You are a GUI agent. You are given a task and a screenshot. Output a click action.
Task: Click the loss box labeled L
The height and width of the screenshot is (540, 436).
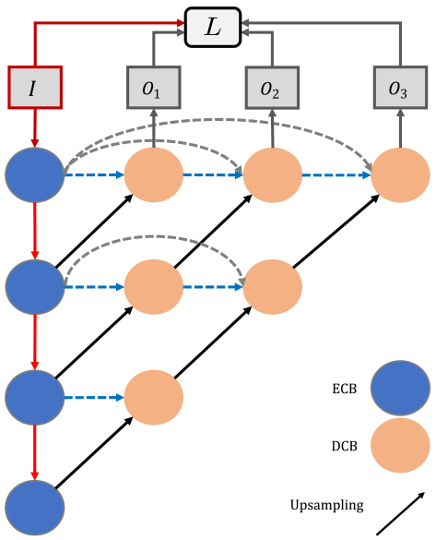coord(213,27)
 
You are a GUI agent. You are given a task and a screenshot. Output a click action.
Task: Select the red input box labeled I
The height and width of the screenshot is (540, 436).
coord(35,88)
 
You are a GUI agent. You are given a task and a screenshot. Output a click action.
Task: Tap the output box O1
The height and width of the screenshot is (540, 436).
coord(154,88)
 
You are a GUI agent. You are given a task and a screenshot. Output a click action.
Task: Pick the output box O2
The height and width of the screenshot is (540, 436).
coord(272,88)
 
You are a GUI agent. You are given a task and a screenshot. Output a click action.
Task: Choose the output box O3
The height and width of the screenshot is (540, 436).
coord(401,88)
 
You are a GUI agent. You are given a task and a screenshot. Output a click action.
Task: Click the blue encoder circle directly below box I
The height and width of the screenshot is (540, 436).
coord(35,175)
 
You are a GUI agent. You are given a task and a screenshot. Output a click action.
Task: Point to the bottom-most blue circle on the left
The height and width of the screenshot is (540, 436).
coord(35,508)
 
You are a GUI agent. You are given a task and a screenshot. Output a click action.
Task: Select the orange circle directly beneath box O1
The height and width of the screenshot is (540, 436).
coord(154,175)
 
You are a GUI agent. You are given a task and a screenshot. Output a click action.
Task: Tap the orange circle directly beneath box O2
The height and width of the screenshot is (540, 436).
coord(273,175)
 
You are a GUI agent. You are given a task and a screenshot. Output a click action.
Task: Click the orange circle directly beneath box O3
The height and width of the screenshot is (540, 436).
coord(401,175)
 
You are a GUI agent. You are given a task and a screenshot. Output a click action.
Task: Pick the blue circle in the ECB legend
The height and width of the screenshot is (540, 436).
coord(401,388)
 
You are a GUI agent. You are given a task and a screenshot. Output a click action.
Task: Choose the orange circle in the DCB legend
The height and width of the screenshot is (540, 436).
coord(401,445)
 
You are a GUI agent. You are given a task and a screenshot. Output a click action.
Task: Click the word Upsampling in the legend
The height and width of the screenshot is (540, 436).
coord(326,506)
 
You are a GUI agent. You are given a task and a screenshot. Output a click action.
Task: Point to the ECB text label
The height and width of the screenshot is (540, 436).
coord(344,389)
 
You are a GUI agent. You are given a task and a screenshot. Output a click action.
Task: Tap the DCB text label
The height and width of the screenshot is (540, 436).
coord(344,446)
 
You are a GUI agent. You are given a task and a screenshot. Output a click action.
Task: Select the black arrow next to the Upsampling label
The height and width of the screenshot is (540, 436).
coord(401,513)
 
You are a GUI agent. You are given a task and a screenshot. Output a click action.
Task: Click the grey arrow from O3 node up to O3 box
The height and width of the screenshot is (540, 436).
coord(401,128)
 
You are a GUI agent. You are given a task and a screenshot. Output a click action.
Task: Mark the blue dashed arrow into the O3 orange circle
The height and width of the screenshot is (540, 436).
coord(336,175)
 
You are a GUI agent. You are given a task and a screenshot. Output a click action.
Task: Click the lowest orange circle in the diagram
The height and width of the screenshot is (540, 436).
coord(154,398)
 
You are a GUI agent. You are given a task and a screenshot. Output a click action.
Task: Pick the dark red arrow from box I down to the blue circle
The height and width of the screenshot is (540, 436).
coord(34,128)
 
